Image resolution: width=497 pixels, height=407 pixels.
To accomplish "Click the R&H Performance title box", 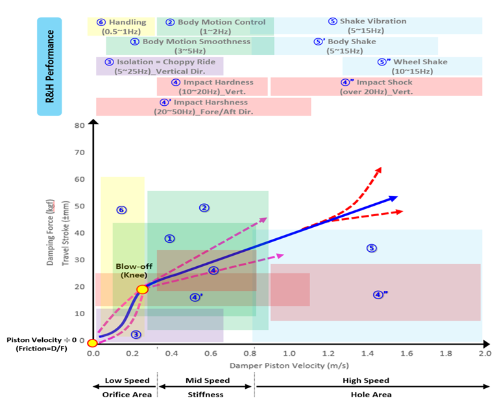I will pyautogui.click(x=49, y=66).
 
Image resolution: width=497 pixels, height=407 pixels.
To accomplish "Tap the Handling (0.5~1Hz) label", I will pyautogui.click(x=122, y=27).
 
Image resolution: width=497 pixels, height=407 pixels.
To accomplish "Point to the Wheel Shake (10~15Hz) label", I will pyautogui.click(x=412, y=66).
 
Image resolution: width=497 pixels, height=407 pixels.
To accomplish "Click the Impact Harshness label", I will pyautogui.click(x=204, y=107).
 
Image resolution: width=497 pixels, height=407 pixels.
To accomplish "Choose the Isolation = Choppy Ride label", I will pyautogui.click(x=160, y=66).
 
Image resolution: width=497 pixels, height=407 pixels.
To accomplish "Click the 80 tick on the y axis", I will pyautogui.click(x=80, y=125).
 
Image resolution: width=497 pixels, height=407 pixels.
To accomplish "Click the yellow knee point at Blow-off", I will pyautogui.click(x=143, y=289).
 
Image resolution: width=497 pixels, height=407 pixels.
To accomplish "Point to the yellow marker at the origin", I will pyautogui.click(x=92, y=343).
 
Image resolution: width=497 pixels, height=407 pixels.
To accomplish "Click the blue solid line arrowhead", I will pyautogui.click(x=394, y=198).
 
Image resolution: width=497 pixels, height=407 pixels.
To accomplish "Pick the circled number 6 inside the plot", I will pyautogui.click(x=121, y=210).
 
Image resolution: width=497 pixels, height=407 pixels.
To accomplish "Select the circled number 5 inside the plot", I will pyautogui.click(x=371, y=248).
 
